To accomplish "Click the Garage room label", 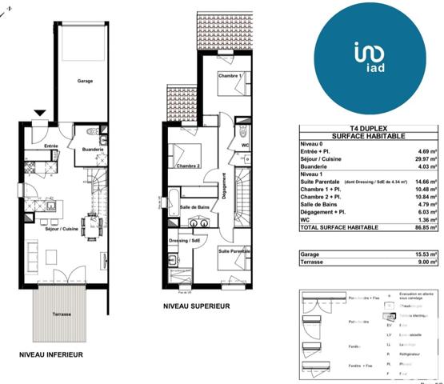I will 86,81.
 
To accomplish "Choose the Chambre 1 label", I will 229,75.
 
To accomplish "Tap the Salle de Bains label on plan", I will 194,207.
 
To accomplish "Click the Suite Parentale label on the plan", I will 234,251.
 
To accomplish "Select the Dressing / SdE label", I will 185,240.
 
